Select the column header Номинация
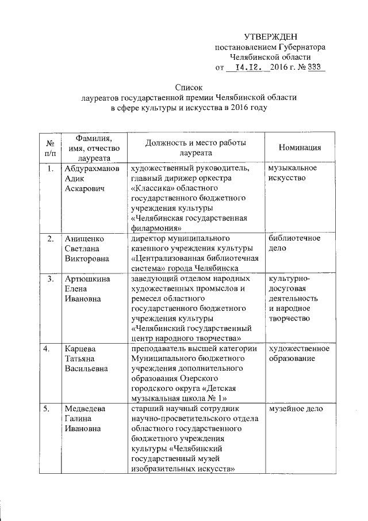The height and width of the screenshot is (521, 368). coord(300,147)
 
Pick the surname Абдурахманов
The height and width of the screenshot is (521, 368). coord(93,169)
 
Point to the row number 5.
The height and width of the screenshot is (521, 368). coord(51,409)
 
